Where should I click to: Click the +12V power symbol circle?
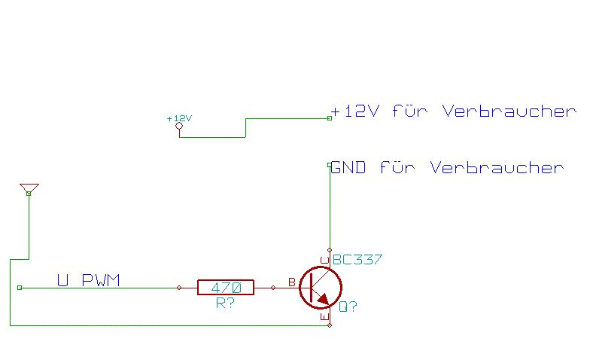click(179, 127)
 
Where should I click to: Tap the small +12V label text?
click(179, 118)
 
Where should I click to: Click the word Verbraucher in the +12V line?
click(509, 111)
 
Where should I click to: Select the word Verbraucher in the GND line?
click(497, 167)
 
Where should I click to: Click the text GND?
click(348, 167)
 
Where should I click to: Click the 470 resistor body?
click(226, 287)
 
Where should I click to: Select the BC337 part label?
click(357, 260)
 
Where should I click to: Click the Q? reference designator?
click(348, 307)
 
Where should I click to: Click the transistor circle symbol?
click(320, 287)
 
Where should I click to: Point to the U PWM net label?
click(88, 281)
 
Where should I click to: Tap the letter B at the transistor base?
click(292, 282)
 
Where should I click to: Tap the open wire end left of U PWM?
click(20, 287)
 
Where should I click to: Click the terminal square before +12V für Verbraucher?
click(330, 118)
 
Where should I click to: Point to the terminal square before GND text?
click(330, 165)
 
